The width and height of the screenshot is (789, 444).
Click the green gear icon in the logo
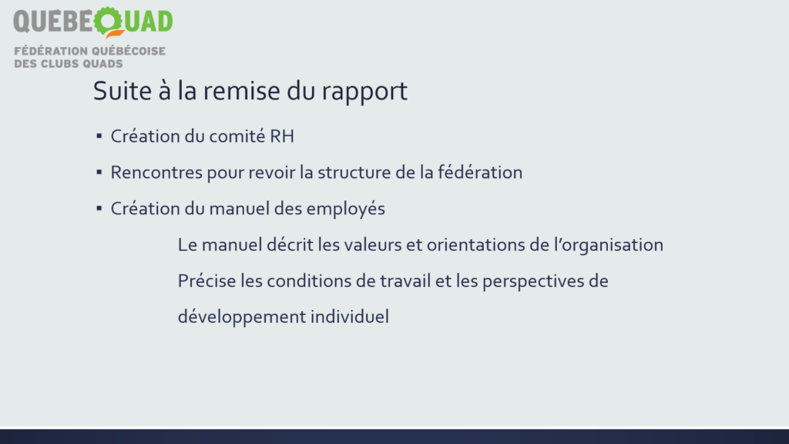click(x=108, y=21)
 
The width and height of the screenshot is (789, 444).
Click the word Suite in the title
click(x=123, y=91)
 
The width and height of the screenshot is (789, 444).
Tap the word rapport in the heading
click(x=364, y=92)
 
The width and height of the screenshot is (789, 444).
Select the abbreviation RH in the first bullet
click(x=282, y=136)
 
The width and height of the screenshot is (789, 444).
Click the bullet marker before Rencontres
click(x=99, y=172)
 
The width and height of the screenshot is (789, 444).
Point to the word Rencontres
click(x=156, y=173)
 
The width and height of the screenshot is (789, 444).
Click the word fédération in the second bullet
click(x=480, y=172)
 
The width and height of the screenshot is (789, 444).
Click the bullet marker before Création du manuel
click(x=99, y=208)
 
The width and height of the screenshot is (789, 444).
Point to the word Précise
click(x=206, y=281)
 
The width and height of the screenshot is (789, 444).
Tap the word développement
click(x=242, y=318)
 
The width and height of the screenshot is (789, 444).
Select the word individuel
click(x=350, y=317)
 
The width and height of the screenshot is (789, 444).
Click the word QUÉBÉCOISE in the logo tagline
click(x=129, y=51)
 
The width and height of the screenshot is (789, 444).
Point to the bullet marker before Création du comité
click(x=99, y=136)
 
